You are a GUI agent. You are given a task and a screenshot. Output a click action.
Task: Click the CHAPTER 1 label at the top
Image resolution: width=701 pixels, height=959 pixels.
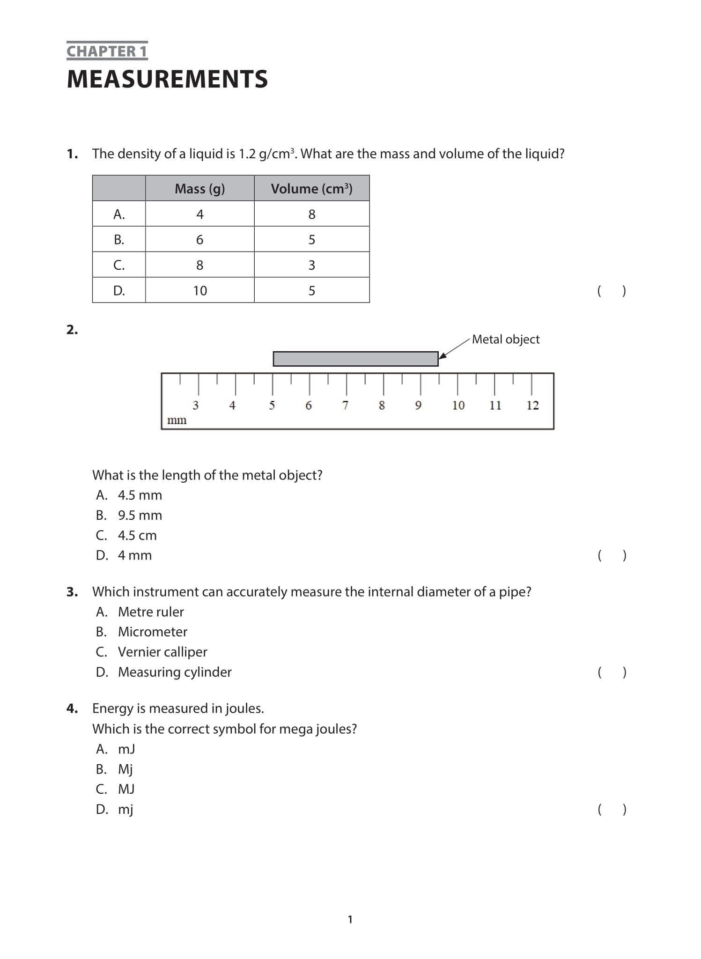(107, 51)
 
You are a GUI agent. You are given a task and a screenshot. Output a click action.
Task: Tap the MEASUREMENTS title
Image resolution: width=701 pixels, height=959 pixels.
(167, 79)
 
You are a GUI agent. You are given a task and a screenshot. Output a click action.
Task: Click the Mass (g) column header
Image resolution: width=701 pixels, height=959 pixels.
(199, 189)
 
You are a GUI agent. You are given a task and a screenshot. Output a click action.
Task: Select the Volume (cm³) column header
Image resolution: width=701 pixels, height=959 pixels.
(311, 189)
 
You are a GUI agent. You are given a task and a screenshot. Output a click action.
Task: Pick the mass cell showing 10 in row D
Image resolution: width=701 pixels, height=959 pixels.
(199, 291)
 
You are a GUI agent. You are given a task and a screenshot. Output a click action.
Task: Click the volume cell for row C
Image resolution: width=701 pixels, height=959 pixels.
(311, 266)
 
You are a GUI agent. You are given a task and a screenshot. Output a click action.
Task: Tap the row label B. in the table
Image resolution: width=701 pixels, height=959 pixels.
(119, 240)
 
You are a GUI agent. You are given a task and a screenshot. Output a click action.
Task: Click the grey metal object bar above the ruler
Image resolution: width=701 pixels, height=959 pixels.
(355, 359)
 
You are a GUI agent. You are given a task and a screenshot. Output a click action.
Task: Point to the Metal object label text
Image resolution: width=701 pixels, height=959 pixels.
(505, 339)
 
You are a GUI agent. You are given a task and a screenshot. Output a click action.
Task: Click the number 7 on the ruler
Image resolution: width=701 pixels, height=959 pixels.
(345, 406)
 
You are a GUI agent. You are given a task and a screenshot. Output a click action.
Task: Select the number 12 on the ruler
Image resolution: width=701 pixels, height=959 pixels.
(532, 406)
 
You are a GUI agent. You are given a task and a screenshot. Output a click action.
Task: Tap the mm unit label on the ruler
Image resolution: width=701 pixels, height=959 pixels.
(177, 420)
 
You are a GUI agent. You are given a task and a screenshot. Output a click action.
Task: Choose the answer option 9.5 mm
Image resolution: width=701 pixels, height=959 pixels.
(140, 516)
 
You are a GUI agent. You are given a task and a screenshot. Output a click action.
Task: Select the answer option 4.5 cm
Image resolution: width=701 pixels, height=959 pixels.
(137, 536)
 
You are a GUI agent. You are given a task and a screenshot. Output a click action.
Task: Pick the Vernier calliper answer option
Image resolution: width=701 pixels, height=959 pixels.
(162, 652)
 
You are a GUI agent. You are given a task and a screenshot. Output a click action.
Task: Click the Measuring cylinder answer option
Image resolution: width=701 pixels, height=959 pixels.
(174, 672)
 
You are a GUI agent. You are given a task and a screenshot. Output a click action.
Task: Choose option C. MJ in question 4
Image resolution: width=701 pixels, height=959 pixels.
(126, 789)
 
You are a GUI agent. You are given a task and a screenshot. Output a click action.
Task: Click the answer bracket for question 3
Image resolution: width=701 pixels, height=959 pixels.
(612, 672)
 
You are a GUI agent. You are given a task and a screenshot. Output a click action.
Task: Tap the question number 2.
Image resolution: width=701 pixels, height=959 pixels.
(72, 330)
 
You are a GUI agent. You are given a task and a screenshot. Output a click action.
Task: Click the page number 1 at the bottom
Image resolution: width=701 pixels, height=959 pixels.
(350, 920)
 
